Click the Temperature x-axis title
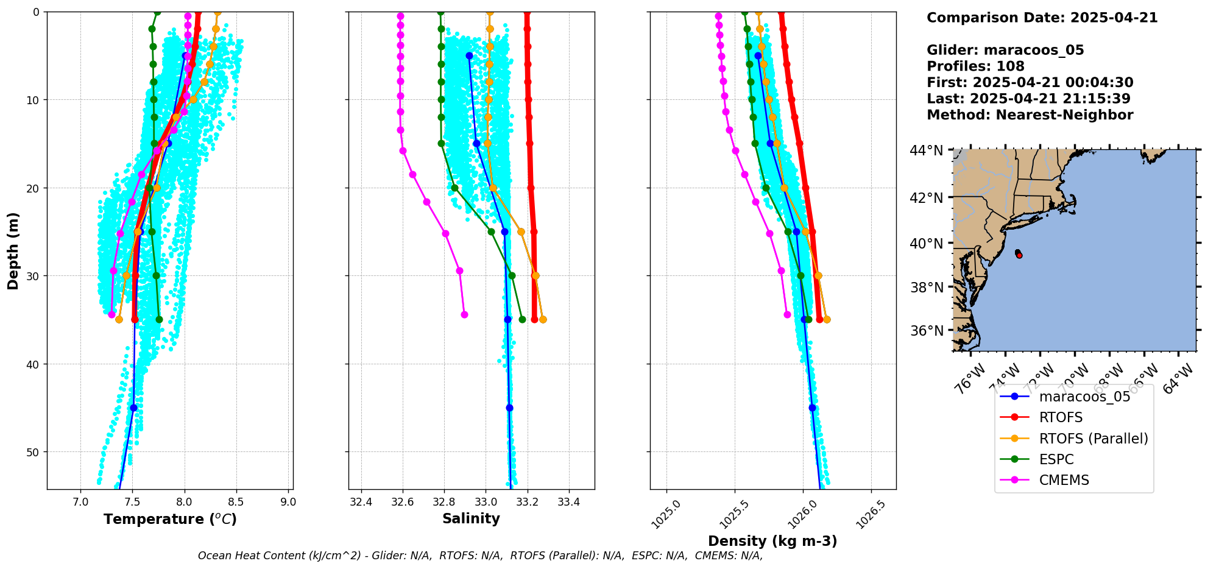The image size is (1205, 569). click(170, 519)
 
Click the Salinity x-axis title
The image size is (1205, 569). click(471, 519)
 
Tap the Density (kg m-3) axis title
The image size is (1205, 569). click(772, 541)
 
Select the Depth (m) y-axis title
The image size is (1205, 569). click(13, 250)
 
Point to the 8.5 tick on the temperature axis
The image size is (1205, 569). click(236, 502)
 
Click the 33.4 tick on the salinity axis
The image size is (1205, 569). click(569, 502)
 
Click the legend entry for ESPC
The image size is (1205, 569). click(1056, 459)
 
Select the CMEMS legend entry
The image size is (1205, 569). click(1064, 480)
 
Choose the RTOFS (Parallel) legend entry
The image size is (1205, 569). click(1094, 439)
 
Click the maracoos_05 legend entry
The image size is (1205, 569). click(1084, 397)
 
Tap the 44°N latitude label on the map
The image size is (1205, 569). click(926, 150)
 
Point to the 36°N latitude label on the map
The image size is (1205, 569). click(926, 331)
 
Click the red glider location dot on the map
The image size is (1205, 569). click(1019, 255)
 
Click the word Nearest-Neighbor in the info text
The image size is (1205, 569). click(1064, 115)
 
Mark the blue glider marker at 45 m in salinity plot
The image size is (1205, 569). click(509, 408)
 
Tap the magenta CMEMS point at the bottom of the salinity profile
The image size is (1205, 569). click(464, 314)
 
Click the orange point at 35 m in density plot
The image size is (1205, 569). click(827, 319)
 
